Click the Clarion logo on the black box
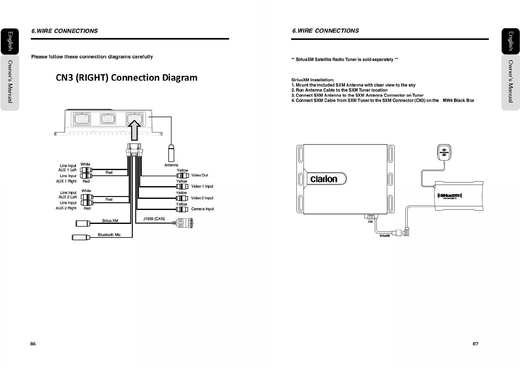point(324,179)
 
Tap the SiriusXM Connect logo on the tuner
point(450,196)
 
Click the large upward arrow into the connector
point(135,131)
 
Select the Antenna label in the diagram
point(171,165)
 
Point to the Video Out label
point(199,175)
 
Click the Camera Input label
point(202,209)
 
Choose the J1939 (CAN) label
point(154,219)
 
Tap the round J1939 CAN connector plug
point(185,223)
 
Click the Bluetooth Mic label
point(109,235)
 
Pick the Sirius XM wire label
point(110,221)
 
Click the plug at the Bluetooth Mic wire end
point(81,237)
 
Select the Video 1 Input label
point(202,186)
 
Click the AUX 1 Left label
point(67,170)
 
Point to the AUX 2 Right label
point(66,208)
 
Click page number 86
point(33,344)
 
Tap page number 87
point(476,344)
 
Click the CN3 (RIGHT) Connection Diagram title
point(126,77)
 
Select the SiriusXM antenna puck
point(444,152)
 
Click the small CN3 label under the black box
point(370,222)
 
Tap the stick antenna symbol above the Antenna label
point(171,153)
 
